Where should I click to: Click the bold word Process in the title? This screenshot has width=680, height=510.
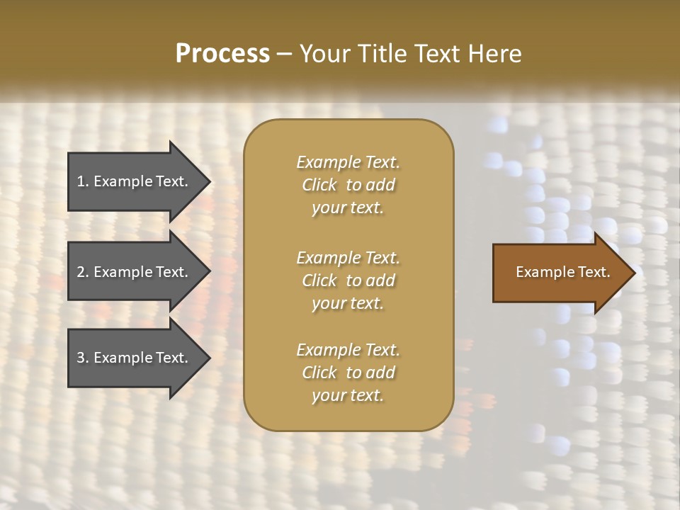coord(222,53)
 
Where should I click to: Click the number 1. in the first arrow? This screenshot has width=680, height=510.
coord(83,181)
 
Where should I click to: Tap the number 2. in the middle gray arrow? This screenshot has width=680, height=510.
coord(83,272)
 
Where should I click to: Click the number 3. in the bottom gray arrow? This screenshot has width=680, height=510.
coord(83,358)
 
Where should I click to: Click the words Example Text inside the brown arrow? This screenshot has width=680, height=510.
coord(563,272)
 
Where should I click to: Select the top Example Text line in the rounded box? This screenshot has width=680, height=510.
coord(348,162)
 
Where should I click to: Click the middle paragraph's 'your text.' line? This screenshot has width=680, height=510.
coord(348,303)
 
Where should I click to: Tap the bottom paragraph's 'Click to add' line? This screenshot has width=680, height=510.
coord(348,373)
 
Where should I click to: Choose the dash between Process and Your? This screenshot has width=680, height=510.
coord(284,54)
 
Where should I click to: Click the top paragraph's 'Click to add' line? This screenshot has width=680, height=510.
coord(348,185)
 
